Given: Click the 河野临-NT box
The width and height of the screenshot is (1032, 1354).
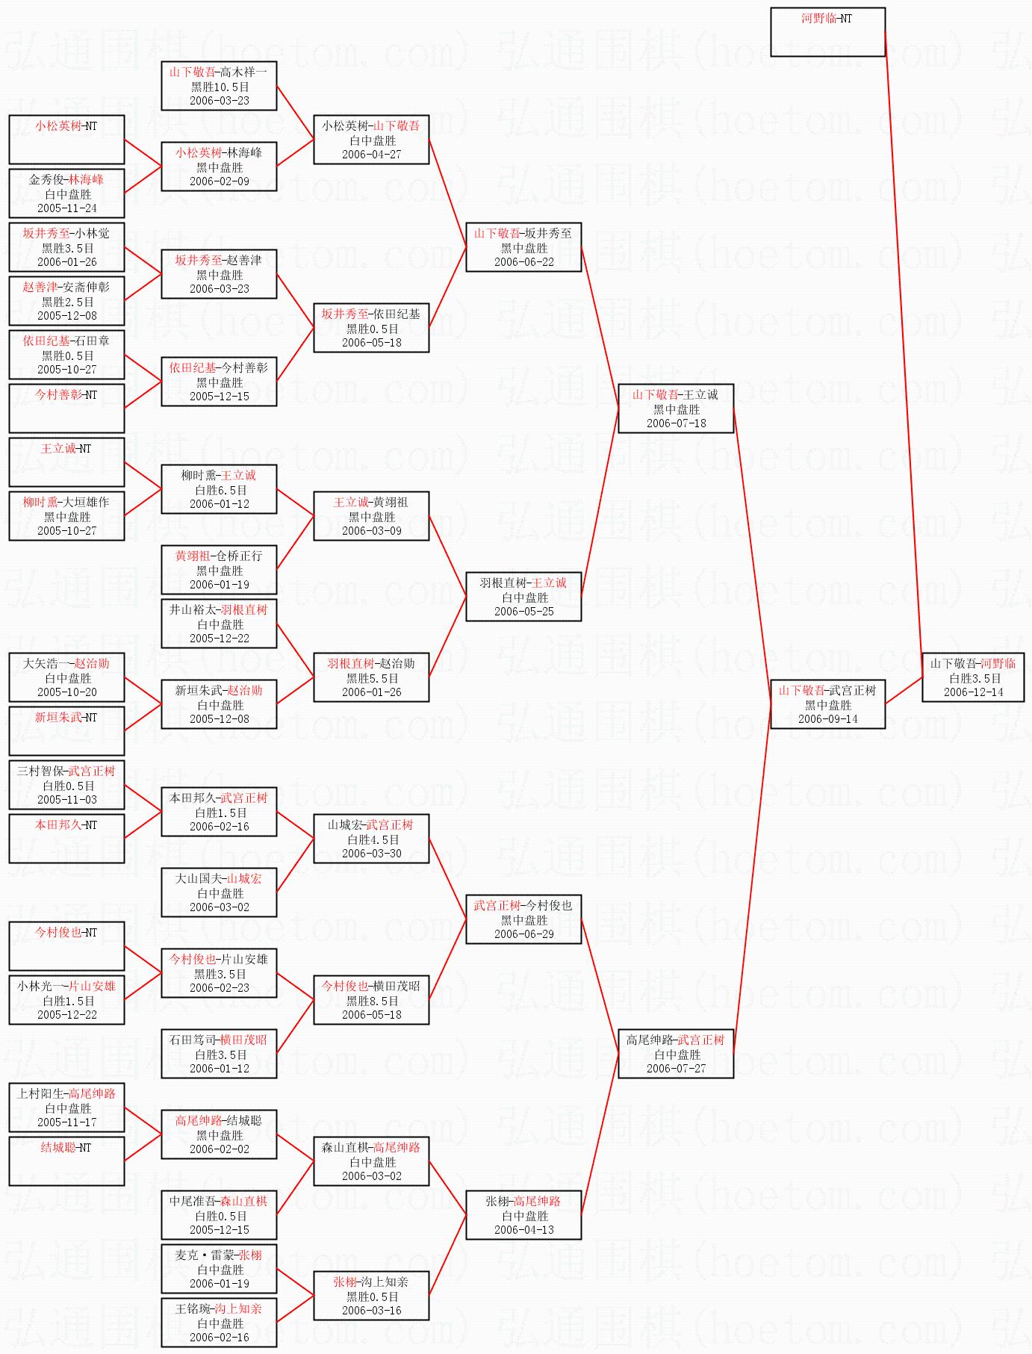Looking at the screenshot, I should click(x=827, y=32).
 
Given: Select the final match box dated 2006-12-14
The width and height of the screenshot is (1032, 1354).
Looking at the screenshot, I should click(x=973, y=677).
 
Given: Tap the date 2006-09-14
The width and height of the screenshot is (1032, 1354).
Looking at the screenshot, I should click(x=827, y=719).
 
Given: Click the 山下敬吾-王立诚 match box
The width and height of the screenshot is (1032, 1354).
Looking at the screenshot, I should click(x=676, y=409).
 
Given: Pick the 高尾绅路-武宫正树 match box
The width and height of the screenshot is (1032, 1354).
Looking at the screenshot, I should click(x=676, y=1054).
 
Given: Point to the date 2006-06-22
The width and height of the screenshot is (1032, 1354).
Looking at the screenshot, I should click(x=523, y=262).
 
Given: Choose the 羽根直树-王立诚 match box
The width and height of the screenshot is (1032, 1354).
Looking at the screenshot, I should click(x=523, y=597).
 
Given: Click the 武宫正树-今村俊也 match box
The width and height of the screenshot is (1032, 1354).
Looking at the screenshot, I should click(x=523, y=919).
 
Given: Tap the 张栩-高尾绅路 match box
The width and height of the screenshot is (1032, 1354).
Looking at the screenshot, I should click(x=523, y=1215).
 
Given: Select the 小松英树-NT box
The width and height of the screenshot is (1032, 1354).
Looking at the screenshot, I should click(x=66, y=140).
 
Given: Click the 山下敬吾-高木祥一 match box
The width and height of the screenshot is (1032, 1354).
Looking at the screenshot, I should click(x=219, y=86).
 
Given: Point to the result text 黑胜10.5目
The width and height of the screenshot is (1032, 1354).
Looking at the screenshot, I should click(x=219, y=87).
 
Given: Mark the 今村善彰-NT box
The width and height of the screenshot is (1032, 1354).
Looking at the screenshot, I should click(x=66, y=409).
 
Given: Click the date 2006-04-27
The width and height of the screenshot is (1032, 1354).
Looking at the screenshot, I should click(x=371, y=155).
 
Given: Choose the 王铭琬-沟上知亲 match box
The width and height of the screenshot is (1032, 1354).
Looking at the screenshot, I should click(x=219, y=1323).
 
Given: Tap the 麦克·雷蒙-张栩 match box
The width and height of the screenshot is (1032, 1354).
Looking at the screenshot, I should click(x=219, y=1269).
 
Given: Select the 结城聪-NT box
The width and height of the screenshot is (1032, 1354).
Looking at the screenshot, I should click(x=66, y=1161).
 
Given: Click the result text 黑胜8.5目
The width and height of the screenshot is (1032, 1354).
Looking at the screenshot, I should click(x=371, y=1001).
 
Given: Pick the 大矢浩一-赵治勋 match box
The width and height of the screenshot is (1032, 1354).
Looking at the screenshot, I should click(x=66, y=677).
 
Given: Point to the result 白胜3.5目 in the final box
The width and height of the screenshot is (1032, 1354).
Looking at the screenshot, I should click(x=973, y=678).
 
